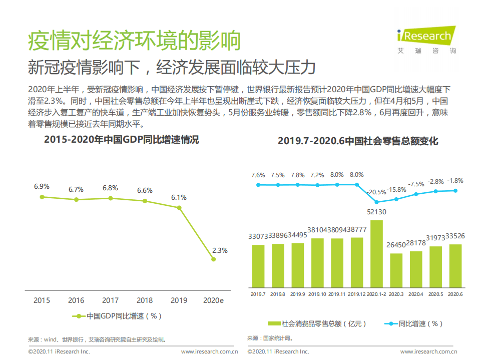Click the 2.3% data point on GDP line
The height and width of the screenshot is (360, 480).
click(214, 259)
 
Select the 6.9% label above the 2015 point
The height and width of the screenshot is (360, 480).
click(42, 186)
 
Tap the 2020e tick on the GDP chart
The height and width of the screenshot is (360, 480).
click(214, 300)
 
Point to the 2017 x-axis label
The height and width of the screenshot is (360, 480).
click(110, 300)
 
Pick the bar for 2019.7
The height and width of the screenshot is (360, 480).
click(258, 266)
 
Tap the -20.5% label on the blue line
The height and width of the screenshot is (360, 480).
click(376, 192)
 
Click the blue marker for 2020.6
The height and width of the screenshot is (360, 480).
click(455, 190)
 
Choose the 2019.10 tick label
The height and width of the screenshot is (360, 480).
click(317, 294)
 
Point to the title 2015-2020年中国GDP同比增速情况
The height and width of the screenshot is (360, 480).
click(121, 140)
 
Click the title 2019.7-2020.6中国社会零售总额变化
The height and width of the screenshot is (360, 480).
click(358, 141)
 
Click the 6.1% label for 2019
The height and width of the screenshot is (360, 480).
click(179, 197)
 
